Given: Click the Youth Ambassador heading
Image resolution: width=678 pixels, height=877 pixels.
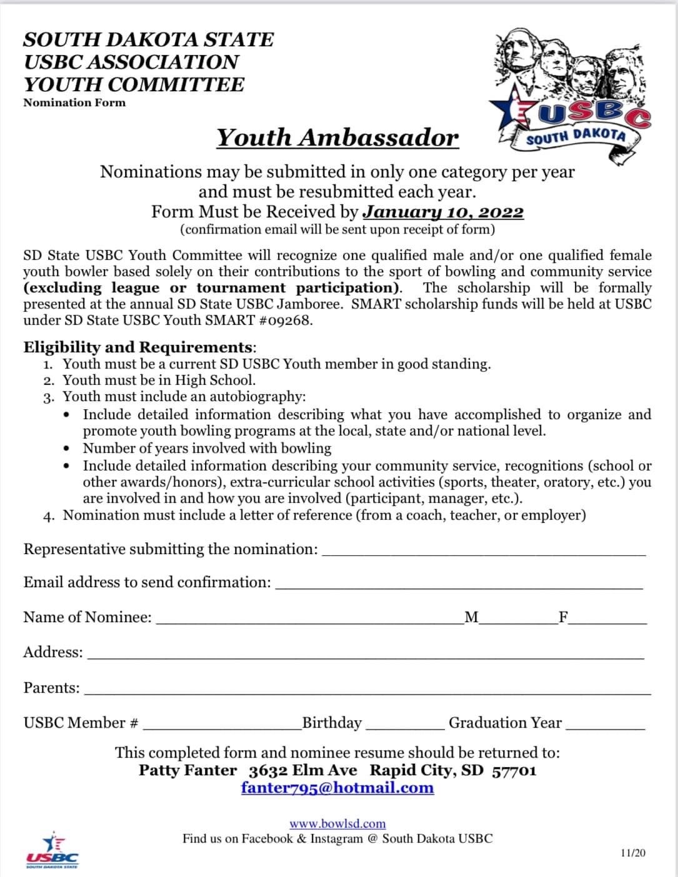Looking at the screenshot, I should click(x=337, y=137).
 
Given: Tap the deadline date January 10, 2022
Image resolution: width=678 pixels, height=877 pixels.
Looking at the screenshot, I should click(x=444, y=212).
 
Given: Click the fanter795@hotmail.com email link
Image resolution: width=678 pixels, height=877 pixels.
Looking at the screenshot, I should click(x=337, y=787).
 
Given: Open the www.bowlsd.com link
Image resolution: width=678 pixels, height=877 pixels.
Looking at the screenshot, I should click(x=337, y=823).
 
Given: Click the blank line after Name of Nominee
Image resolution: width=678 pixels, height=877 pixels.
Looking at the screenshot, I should click(x=309, y=620).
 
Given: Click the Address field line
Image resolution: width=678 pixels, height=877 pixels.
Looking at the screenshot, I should click(x=366, y=655).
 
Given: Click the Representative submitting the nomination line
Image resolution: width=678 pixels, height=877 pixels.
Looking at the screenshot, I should click(x=483, y=552).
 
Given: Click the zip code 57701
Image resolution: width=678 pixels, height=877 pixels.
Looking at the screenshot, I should click(x=514, y=770).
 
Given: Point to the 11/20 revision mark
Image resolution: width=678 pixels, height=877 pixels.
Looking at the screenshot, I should click(x=633, y=853).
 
